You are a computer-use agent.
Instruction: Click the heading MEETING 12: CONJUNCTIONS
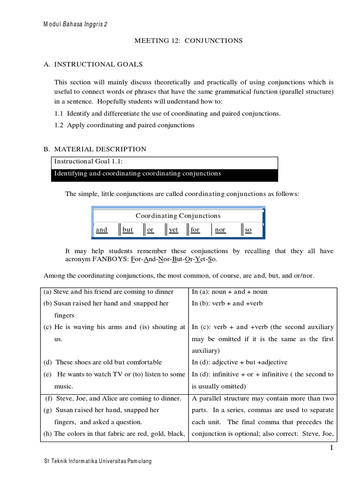[x=188, y=41]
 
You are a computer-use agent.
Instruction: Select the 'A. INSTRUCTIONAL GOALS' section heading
[x=93, y=64]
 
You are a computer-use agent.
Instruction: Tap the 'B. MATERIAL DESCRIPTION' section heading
[x=95, y=149]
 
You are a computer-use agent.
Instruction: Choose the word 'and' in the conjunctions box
[x=102, y=230]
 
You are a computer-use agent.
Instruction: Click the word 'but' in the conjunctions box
[x=128, y=230]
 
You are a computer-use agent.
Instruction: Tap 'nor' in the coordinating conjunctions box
[x=220, y=230]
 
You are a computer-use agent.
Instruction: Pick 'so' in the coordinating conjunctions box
[x=248, y=230]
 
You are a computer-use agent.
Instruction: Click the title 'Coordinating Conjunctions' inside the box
[x=178, y=216]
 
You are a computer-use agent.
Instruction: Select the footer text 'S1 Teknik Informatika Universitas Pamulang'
[x=97, y=461]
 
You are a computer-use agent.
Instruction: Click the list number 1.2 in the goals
[x=60, y=125]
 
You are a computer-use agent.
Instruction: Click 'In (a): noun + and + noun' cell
[x=230, y=292]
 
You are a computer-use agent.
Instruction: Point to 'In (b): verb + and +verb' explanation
[x=227, y=303]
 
